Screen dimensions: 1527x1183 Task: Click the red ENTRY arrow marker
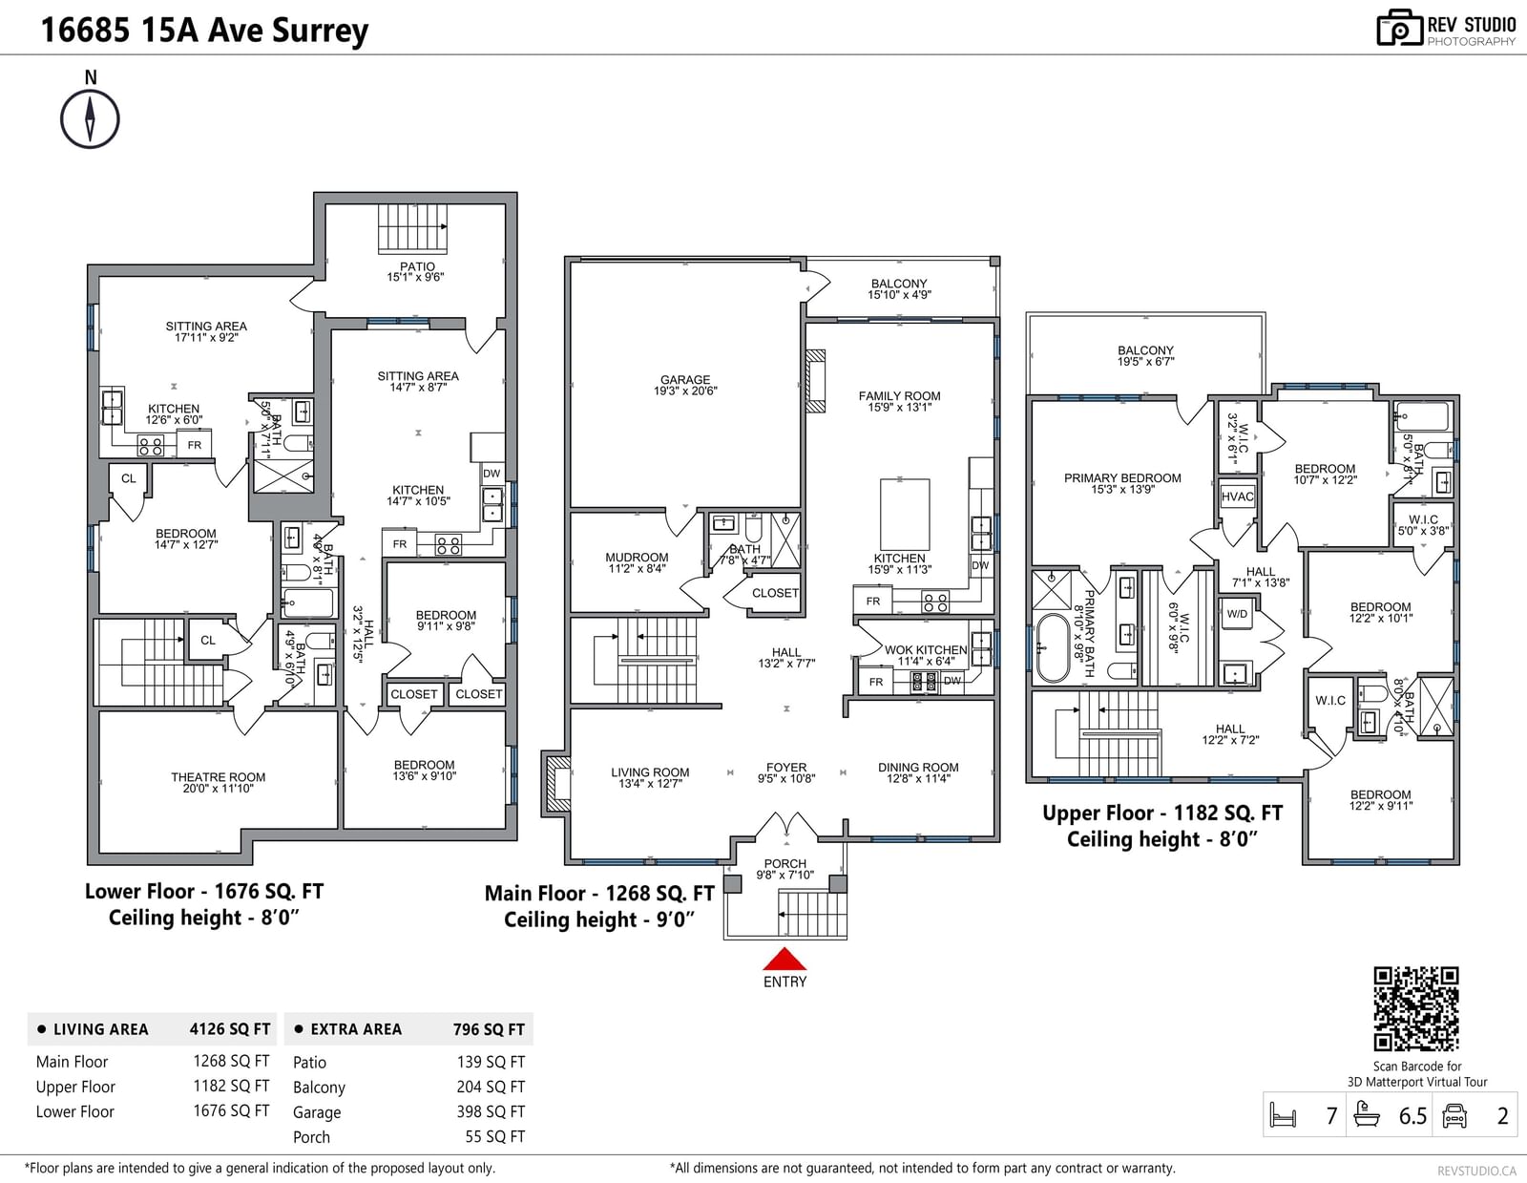coord(784,959)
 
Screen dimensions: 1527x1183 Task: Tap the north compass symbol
coord(90,118)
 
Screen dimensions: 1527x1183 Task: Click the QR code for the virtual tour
coord(1416,1008)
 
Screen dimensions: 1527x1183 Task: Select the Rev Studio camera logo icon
coord(1399,28)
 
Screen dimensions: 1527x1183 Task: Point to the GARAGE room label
coord(685,380)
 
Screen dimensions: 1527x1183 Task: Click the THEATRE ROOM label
coord(218,777)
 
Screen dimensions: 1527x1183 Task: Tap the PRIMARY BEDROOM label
coord(1122,478)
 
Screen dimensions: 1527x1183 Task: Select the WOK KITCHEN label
coord(926,650)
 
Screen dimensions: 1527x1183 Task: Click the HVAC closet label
coord(1237,496)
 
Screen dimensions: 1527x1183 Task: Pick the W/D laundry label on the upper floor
coord(1237,614)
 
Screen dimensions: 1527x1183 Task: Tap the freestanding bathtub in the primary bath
coord(1052,648)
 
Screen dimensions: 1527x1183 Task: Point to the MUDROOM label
coord(637,558)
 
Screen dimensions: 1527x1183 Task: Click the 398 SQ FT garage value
coord(491,1111)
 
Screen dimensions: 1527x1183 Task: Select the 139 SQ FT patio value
coord(491,1062)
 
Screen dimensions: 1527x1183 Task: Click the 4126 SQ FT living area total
coord(230,1029)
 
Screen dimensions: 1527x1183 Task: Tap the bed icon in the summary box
coord(1284,1115)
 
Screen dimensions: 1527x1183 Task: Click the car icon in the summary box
coord(1454,1115)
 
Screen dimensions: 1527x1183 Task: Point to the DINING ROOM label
coord(918,768)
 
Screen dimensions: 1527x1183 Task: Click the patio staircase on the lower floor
coord(412,228)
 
